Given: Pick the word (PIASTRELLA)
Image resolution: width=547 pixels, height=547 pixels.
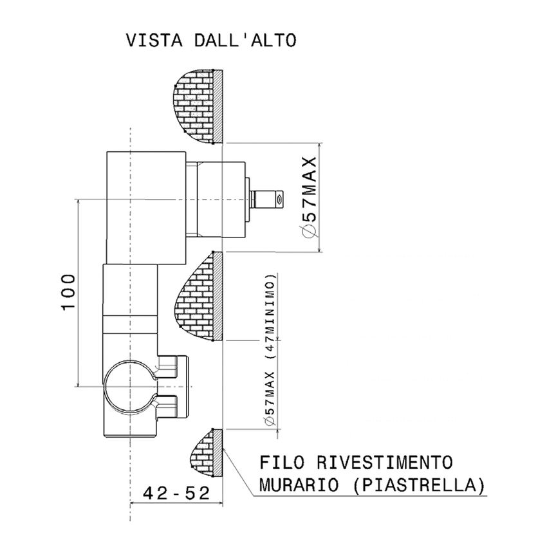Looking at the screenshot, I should point(418,484).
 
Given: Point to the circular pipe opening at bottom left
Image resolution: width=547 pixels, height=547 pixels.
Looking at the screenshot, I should point(129,385).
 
